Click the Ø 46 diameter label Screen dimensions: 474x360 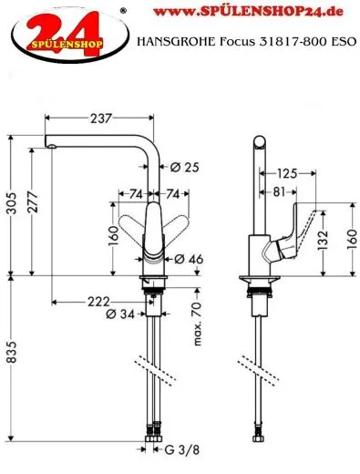click(187, 261)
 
